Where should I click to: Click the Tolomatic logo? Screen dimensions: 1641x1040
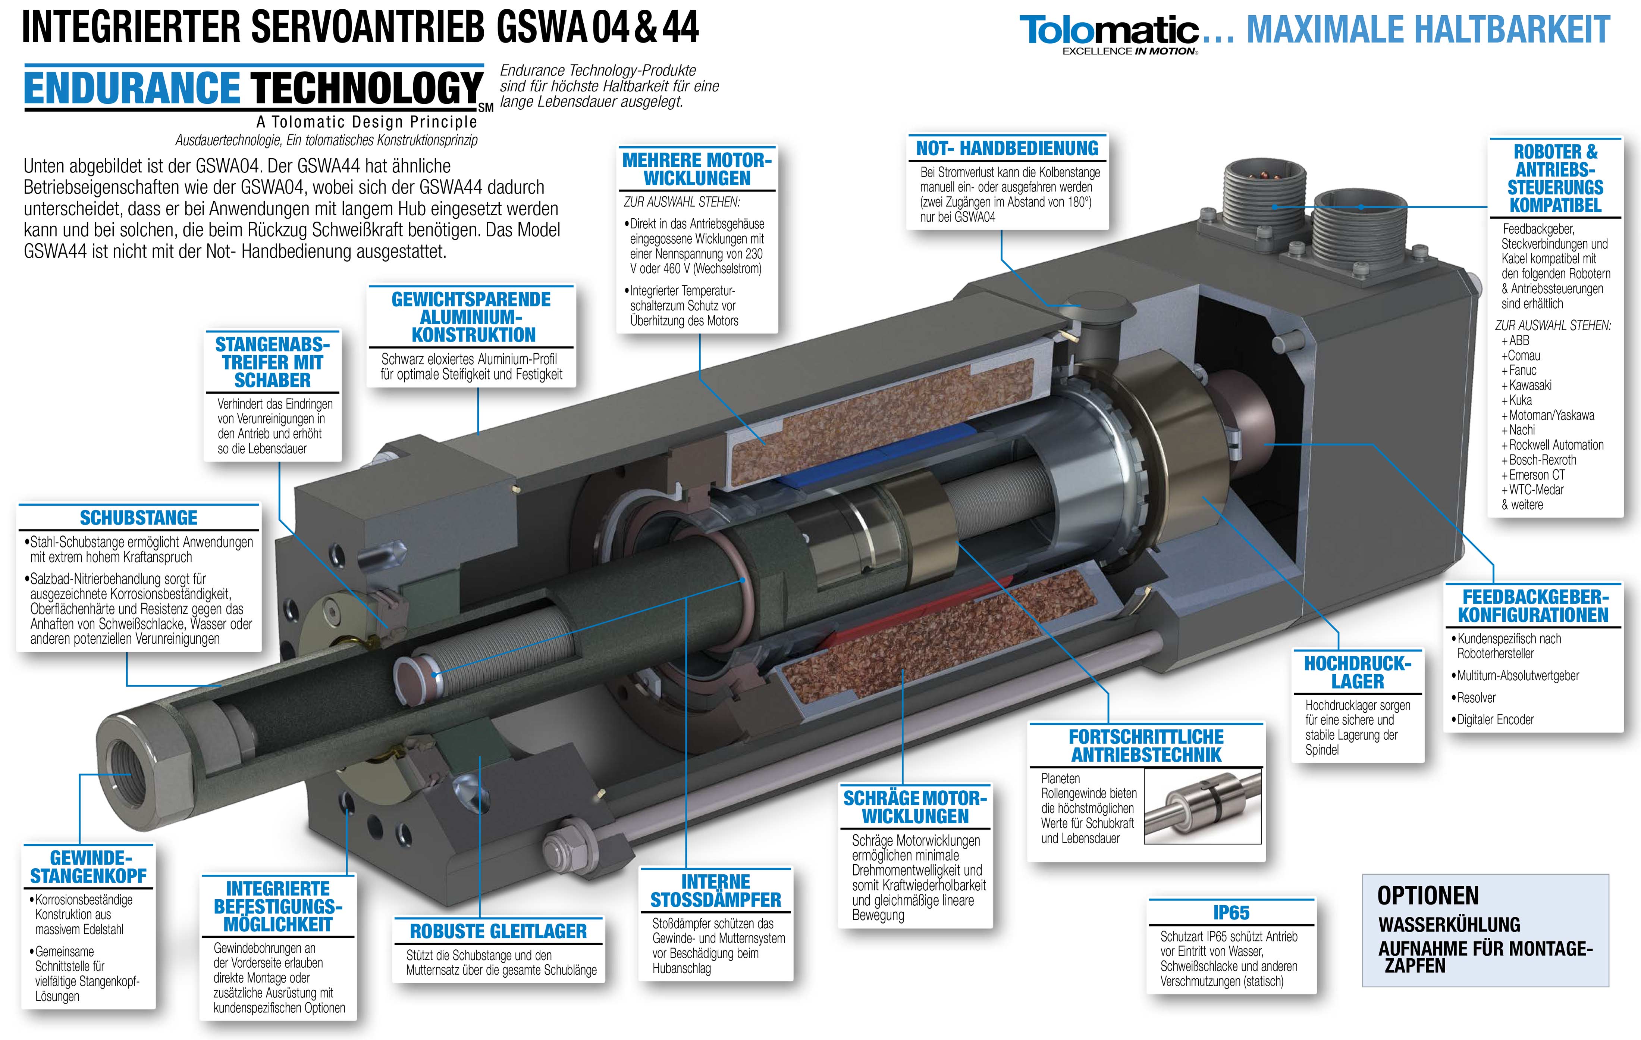pos(1109,34)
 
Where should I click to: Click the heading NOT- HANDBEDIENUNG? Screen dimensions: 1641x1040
pos(1007,149)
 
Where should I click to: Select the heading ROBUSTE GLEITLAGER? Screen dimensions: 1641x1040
pos(498,931)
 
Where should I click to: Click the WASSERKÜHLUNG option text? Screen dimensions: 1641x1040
pos(1450,925)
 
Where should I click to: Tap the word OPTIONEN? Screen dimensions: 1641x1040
pos(1428,896)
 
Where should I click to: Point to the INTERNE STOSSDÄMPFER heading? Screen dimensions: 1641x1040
pos(716,891)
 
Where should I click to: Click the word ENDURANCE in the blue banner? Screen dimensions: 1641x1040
pos(132,88)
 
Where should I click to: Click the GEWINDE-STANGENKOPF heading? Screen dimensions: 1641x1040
pos(89,867)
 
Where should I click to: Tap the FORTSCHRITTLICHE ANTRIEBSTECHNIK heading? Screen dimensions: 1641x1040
pos(1146,746)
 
